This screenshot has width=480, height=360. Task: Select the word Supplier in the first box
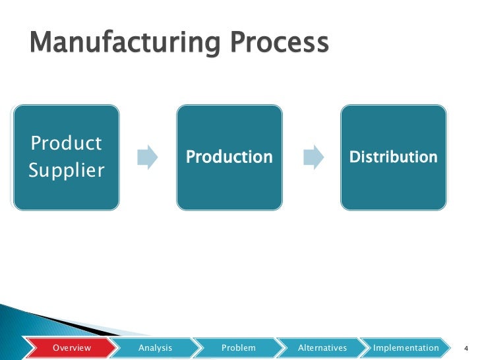pos(67,171)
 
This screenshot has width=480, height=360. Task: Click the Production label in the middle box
pos(229,157)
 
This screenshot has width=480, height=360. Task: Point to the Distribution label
pos(393,157)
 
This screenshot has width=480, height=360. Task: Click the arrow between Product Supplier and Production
pos(148,157)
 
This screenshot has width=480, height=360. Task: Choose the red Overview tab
pos(72,347)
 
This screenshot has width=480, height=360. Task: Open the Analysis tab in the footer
pos(155,347)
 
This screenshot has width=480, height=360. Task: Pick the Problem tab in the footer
pos(238,347)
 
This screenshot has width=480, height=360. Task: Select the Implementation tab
pos(405,347)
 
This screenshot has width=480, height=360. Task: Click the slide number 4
pos(465,348)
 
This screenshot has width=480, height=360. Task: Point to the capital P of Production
pos(191,157)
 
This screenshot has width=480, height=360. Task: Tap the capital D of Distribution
pos(353,157)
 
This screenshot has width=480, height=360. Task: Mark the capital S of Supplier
pos(34,171)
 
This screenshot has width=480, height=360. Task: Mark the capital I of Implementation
pos(375,347)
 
